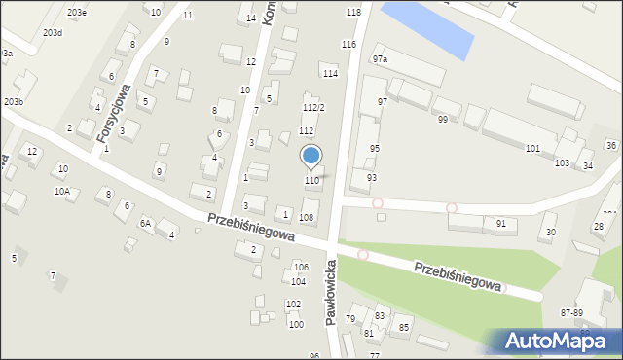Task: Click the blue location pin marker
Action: [x=311, y=156]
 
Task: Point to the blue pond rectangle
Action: [x=427, y=29]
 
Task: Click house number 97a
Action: [x=379, y=59]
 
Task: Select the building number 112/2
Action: [x=313, y=108]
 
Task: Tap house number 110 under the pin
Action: [x=311, y=181]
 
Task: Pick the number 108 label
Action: [x=307, y=218]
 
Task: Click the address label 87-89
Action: [x=571, y=312]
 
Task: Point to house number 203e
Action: [x=77, y=13]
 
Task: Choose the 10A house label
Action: [x=61, y=193]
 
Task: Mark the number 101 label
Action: [x=532, y=149]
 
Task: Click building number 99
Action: [x=443, y=120]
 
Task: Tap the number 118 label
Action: [x=352, y=13]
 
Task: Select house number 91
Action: [x=500, y=224]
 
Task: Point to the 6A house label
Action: [x=145, y=224]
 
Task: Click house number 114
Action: [x=331, y=74]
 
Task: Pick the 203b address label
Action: [x=14, y=102]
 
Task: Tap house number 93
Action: [x=371, y=178]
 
